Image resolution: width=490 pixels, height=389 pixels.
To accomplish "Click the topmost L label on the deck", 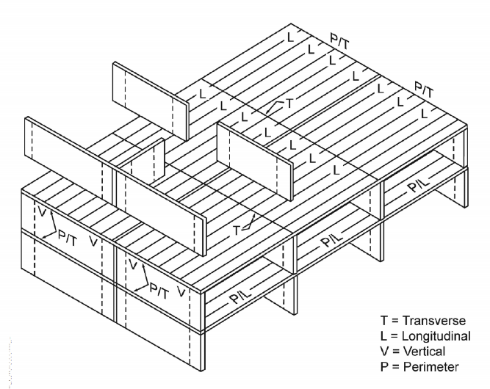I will point(291,34).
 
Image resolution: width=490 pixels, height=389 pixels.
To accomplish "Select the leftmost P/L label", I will point(239,296).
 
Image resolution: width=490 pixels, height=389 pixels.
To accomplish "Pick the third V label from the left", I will point(132,263).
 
